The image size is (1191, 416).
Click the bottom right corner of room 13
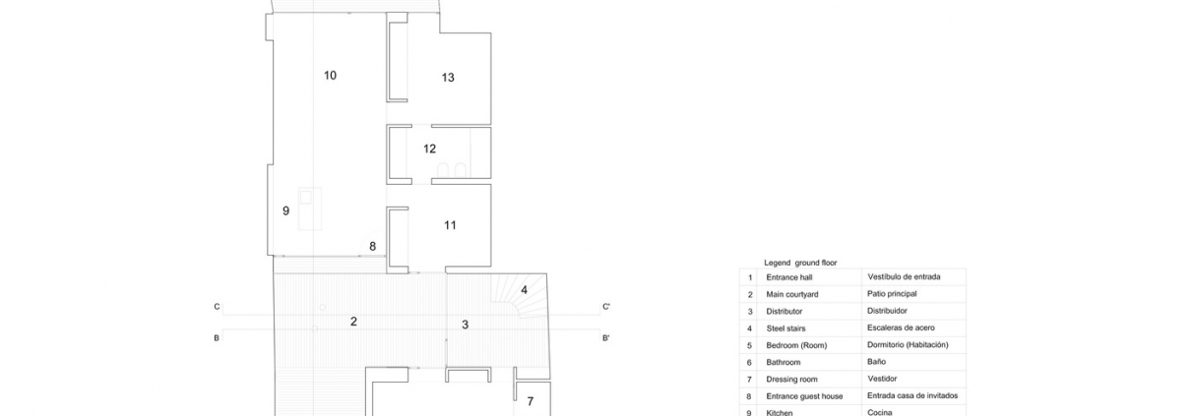pos(491,124)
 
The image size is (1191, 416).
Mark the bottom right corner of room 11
pos(491,267)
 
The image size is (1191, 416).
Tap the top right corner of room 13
pos(491,32)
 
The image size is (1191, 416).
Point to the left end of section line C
pos(223,315)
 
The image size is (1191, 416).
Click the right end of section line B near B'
pos(600,329)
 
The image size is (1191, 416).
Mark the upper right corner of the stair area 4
pos(546,273)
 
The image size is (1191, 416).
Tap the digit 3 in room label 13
pos(451,78)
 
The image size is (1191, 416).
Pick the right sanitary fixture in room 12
pos(461,170)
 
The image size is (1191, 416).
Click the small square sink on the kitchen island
pos(305,198)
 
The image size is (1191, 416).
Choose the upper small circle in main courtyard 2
pos(323,308)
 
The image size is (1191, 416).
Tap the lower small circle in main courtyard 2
pos(315,328)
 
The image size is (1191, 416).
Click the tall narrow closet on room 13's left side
pos(398,57)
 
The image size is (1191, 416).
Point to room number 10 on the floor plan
pos(330,76)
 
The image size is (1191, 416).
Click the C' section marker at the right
pos(606,307)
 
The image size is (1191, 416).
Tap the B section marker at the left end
pos(217,338)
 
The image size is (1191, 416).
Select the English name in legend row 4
pos(785,328)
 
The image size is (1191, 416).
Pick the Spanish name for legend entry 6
pos(876,362)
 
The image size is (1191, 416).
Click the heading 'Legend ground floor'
pos(800,263)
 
